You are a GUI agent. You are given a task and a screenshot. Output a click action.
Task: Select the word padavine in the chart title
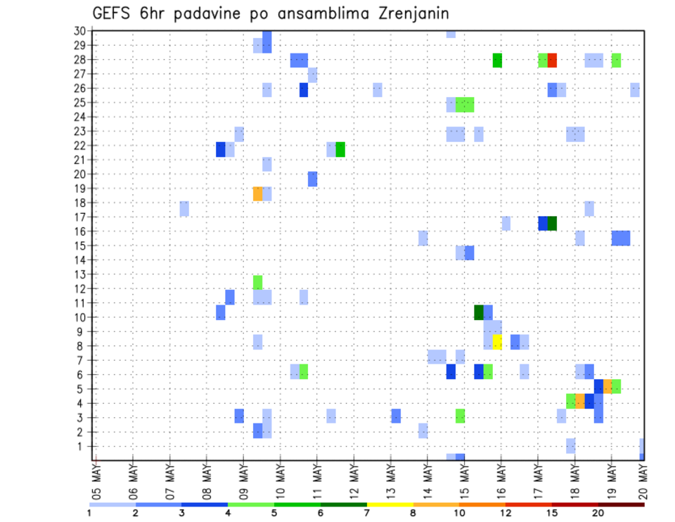(x=207, y=13)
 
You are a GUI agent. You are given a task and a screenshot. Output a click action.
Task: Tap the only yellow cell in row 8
(x=497, y=342)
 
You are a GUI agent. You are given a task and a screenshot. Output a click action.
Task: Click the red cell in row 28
(x=552, y=61)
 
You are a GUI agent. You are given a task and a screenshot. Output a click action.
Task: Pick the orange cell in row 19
(x=257, y=193)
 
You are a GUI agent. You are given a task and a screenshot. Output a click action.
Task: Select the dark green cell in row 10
(x=479, y=312)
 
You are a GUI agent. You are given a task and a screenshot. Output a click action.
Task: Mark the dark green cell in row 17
(x=552, y=223)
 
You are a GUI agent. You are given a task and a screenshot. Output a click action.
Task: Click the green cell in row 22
(x=340, y=149)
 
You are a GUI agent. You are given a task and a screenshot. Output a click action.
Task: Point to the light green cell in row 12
(x=257, y=282)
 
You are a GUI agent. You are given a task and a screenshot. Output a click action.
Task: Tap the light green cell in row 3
(x=460, y=416)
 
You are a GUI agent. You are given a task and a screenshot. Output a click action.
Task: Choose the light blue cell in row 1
(x=570, y=445)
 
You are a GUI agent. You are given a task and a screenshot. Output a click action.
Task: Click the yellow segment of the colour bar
(x=390, y=504)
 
